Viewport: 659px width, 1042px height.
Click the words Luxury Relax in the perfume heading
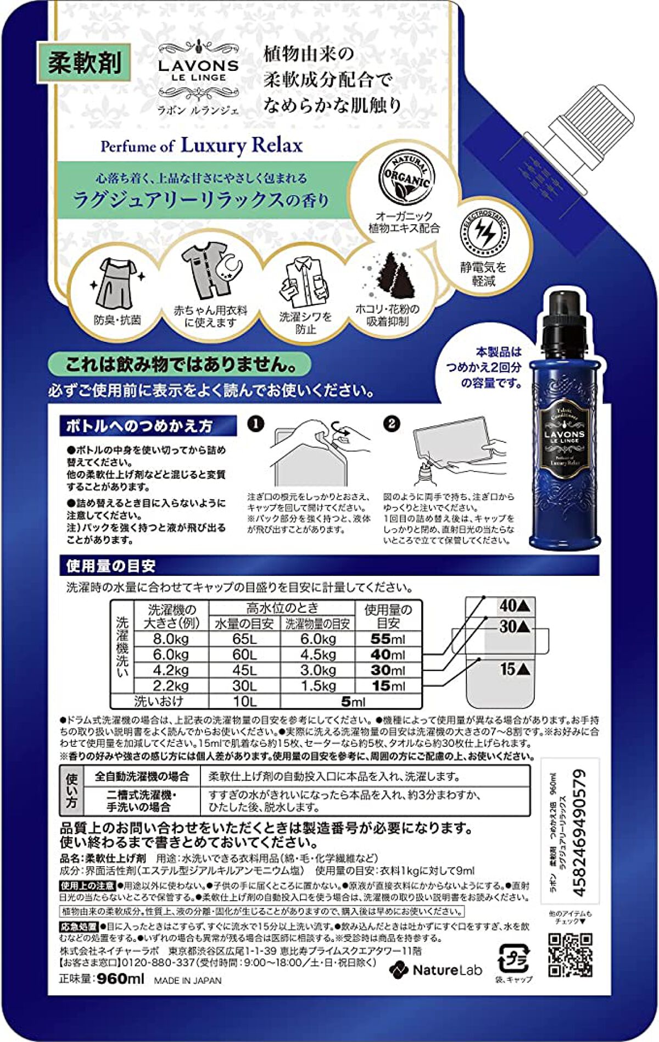(x=242, y=146)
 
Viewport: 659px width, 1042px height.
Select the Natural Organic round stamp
(x=406, y=179)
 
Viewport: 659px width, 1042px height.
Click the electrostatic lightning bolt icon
(x=484, y=233)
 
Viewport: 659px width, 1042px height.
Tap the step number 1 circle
(x=255, y=424)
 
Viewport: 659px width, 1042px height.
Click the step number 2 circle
(x=391, y=424)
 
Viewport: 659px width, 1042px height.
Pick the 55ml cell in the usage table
(x=388, y=639)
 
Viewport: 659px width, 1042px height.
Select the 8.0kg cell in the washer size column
(x=171, y=639)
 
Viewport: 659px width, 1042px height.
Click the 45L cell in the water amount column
(x=244, y=670)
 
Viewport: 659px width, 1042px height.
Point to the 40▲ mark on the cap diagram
(x=515, y=606)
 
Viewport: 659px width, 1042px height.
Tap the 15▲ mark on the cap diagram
(x=515, y=669)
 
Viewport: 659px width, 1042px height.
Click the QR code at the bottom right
(x=570, y=955)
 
